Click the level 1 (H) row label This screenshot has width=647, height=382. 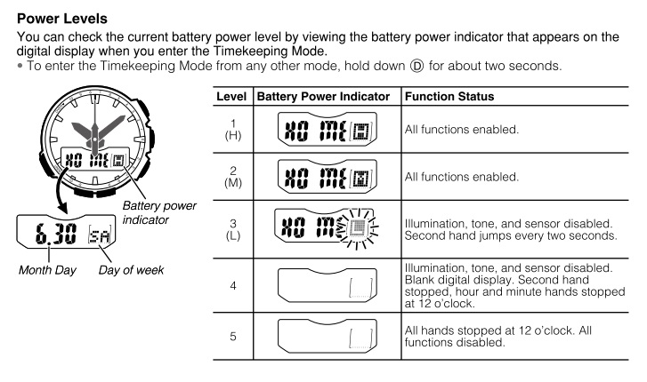click(x=234, y=130)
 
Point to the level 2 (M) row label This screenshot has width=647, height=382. click(x=234, y=179)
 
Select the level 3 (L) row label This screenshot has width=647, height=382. click(x=234, y=227)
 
